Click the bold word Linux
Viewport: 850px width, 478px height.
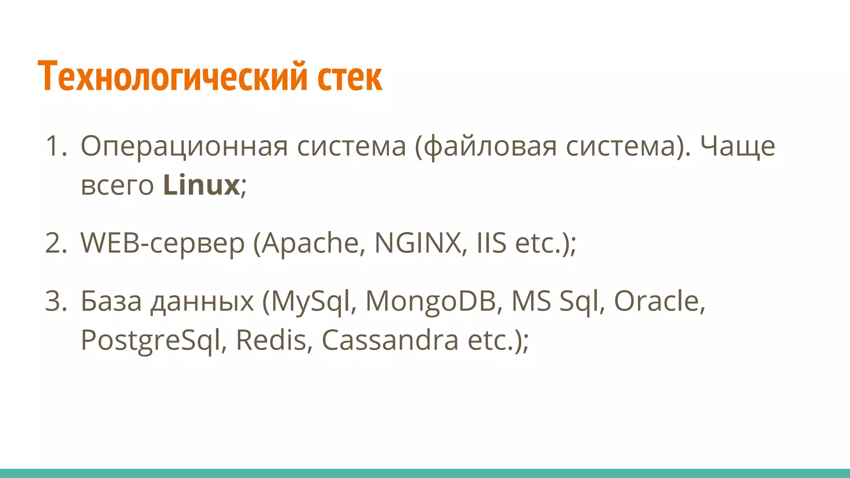[x=201, y=185]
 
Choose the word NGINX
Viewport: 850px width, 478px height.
[x=418, y=243]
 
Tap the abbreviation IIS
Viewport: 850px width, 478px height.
[x=491, y=243]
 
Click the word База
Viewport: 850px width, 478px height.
[x=111, y=301]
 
